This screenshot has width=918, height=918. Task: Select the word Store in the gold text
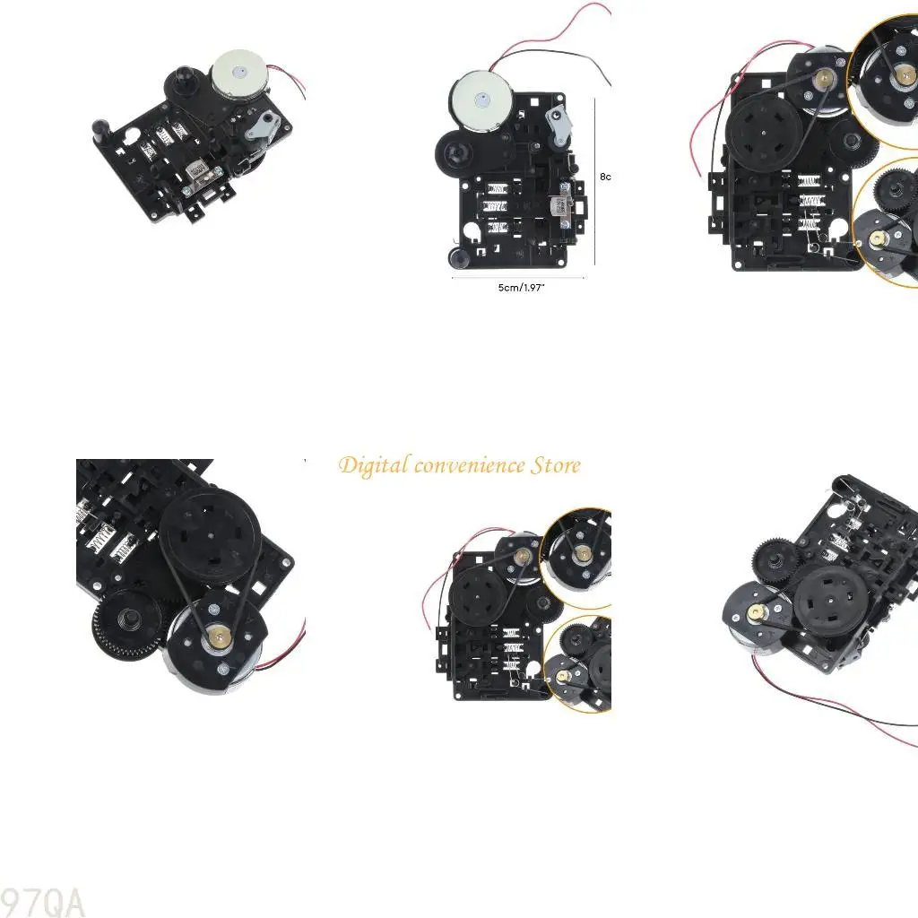click(x=556, y=466)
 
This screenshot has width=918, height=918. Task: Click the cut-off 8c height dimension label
click(x=605, y=177)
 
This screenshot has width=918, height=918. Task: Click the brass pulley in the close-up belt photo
click(x=219, y=637)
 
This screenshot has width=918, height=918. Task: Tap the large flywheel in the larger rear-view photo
click(x=764, y=131)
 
